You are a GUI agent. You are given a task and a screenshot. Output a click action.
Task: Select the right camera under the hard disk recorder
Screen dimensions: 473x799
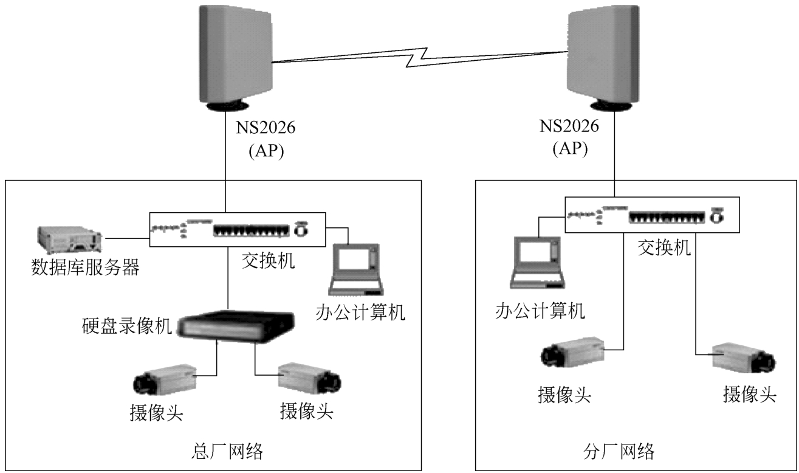click(x=309, y=378)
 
